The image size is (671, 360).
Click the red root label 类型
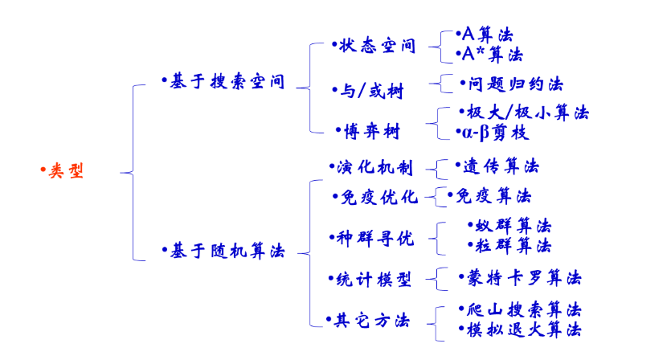(66, 171)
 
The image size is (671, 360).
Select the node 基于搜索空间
(227, 82)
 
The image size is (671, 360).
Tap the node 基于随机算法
(227, 252)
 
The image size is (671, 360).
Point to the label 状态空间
(378, 46)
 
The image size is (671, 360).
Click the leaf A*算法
(492, 55)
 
